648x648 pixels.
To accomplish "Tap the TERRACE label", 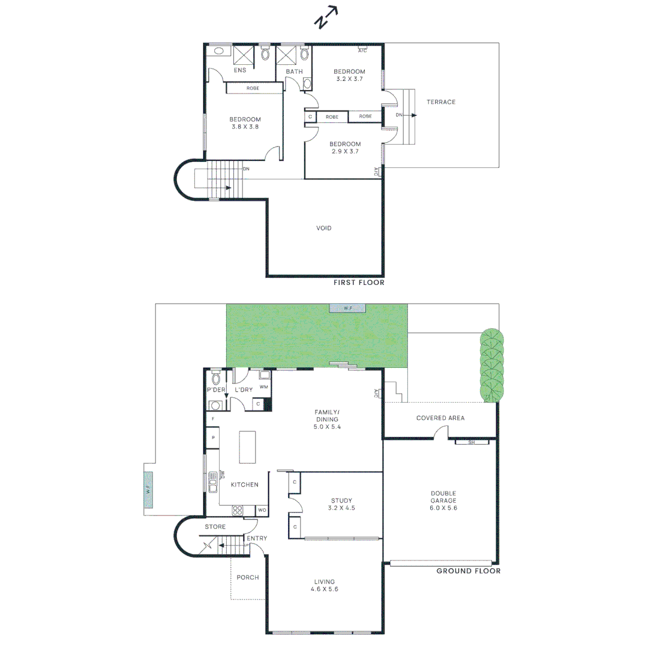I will (x=441, y=102).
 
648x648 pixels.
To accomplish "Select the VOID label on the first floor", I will (x=324, y=228).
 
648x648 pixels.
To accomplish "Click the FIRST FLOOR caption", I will (x=359, y=282).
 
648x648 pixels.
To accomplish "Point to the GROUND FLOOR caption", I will (x=468, y=571).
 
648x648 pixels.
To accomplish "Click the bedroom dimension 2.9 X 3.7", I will (x=345, y=152).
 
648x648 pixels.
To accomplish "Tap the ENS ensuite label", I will (x=240, y=70).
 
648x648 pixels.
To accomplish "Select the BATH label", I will (x=294, y=72).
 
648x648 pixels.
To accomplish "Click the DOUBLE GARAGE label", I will (x=443, y=500).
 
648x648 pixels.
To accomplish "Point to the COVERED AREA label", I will (x=440, y=418).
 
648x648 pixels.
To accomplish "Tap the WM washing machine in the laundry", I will (x=263, y=387).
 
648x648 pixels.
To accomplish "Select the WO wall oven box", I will (x=262, y=511).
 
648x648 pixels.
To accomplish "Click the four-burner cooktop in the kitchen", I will (x=238, y=511).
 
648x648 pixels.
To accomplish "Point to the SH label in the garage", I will (x=471, y=443).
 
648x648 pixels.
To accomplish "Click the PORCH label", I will (x=248, y=577).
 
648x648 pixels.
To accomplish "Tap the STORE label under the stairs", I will (x=215, y=527).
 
